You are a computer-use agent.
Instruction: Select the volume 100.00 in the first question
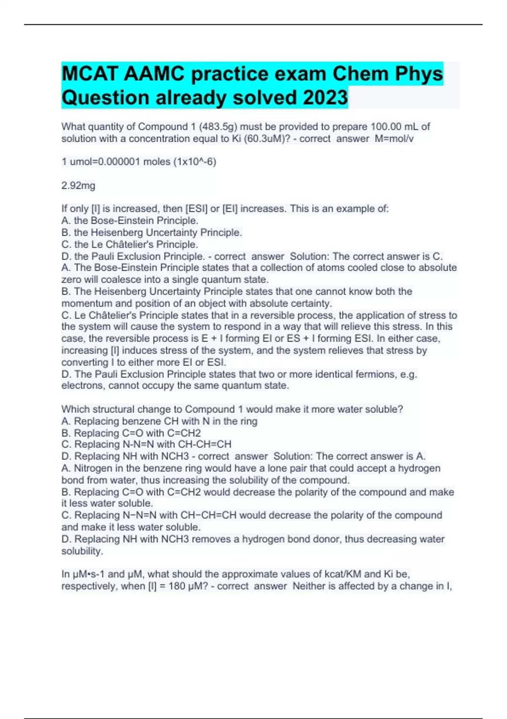click(x=385, y=126)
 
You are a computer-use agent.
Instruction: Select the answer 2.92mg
click(x=78, y=186)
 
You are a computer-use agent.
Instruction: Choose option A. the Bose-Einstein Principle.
click(x=130, y=221)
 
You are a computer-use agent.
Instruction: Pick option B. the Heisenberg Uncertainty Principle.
click(x=152, y=233)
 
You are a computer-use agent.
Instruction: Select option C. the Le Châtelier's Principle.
click(x=130, y=244)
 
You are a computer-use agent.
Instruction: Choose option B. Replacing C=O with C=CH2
click(x=131, y=433)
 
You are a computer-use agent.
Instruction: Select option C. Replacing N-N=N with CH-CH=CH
click(x=146, y=445)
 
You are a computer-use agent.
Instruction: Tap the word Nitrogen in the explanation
click(x=93, y=468)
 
